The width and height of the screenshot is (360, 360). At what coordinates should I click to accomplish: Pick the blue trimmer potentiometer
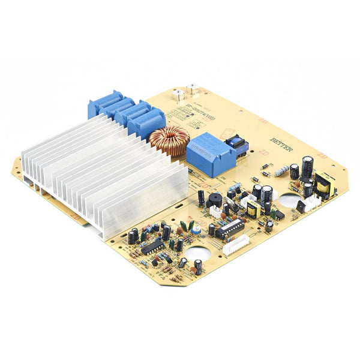(x=196, y=228)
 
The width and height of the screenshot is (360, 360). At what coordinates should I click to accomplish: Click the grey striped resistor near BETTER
(x=281, y=172)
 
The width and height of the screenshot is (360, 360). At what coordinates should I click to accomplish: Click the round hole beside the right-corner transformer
(x=289, y=200)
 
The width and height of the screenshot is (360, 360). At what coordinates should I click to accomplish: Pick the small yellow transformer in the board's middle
(x=253, y=209)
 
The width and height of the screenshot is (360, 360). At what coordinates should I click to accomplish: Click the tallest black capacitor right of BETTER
(x=307, y=166)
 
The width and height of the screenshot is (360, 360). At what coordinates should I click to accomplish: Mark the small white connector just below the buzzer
(x=215, y=211)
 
